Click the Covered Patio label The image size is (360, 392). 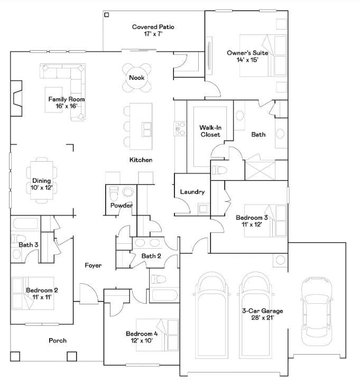(x=153, y=30)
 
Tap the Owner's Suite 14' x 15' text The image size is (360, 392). (x=247, y=56)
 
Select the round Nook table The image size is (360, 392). (x=133, y=78)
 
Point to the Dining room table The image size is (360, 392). (x=41, y=180)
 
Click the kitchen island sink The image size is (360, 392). (x=146, y=128)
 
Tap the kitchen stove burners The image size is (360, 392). (x=180, y=128)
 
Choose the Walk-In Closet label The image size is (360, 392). (x=210, y=131)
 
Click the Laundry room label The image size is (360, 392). (x=192, y=192)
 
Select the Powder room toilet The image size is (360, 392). (x=127, y=192)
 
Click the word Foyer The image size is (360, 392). (x=93, y=265)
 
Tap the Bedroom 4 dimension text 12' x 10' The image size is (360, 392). (x=138, y=341)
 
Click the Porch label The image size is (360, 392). (x=58, y=341)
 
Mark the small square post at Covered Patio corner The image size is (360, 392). (x=106, y=15)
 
